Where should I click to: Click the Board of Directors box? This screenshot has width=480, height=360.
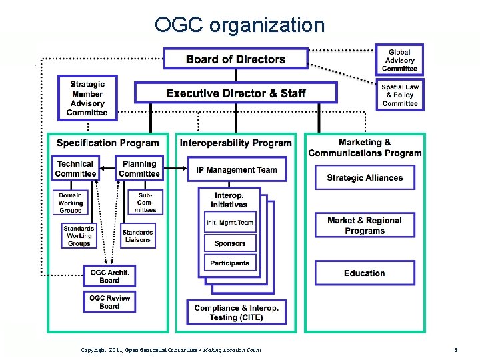236,59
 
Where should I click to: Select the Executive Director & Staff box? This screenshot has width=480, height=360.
236,93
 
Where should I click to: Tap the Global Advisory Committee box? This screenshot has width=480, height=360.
399,60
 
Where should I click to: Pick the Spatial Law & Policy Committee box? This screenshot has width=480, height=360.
400,95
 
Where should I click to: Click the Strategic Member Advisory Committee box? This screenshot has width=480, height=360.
87,98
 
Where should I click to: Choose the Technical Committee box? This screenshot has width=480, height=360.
75,169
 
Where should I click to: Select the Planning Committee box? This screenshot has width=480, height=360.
139,169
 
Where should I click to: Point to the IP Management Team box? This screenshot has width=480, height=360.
237,169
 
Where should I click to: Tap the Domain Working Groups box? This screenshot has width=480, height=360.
71,203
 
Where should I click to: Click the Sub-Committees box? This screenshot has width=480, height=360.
145,203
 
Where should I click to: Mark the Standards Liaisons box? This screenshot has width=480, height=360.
137,236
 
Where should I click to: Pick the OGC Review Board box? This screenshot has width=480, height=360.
109,302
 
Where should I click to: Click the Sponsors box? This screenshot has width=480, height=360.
230,243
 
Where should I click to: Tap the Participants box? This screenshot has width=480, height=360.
230,263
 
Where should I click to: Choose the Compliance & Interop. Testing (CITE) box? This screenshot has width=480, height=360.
237,313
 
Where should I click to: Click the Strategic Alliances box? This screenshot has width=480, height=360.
365,177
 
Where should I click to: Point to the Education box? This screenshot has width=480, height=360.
365,273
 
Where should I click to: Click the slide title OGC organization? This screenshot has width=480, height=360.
239,25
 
